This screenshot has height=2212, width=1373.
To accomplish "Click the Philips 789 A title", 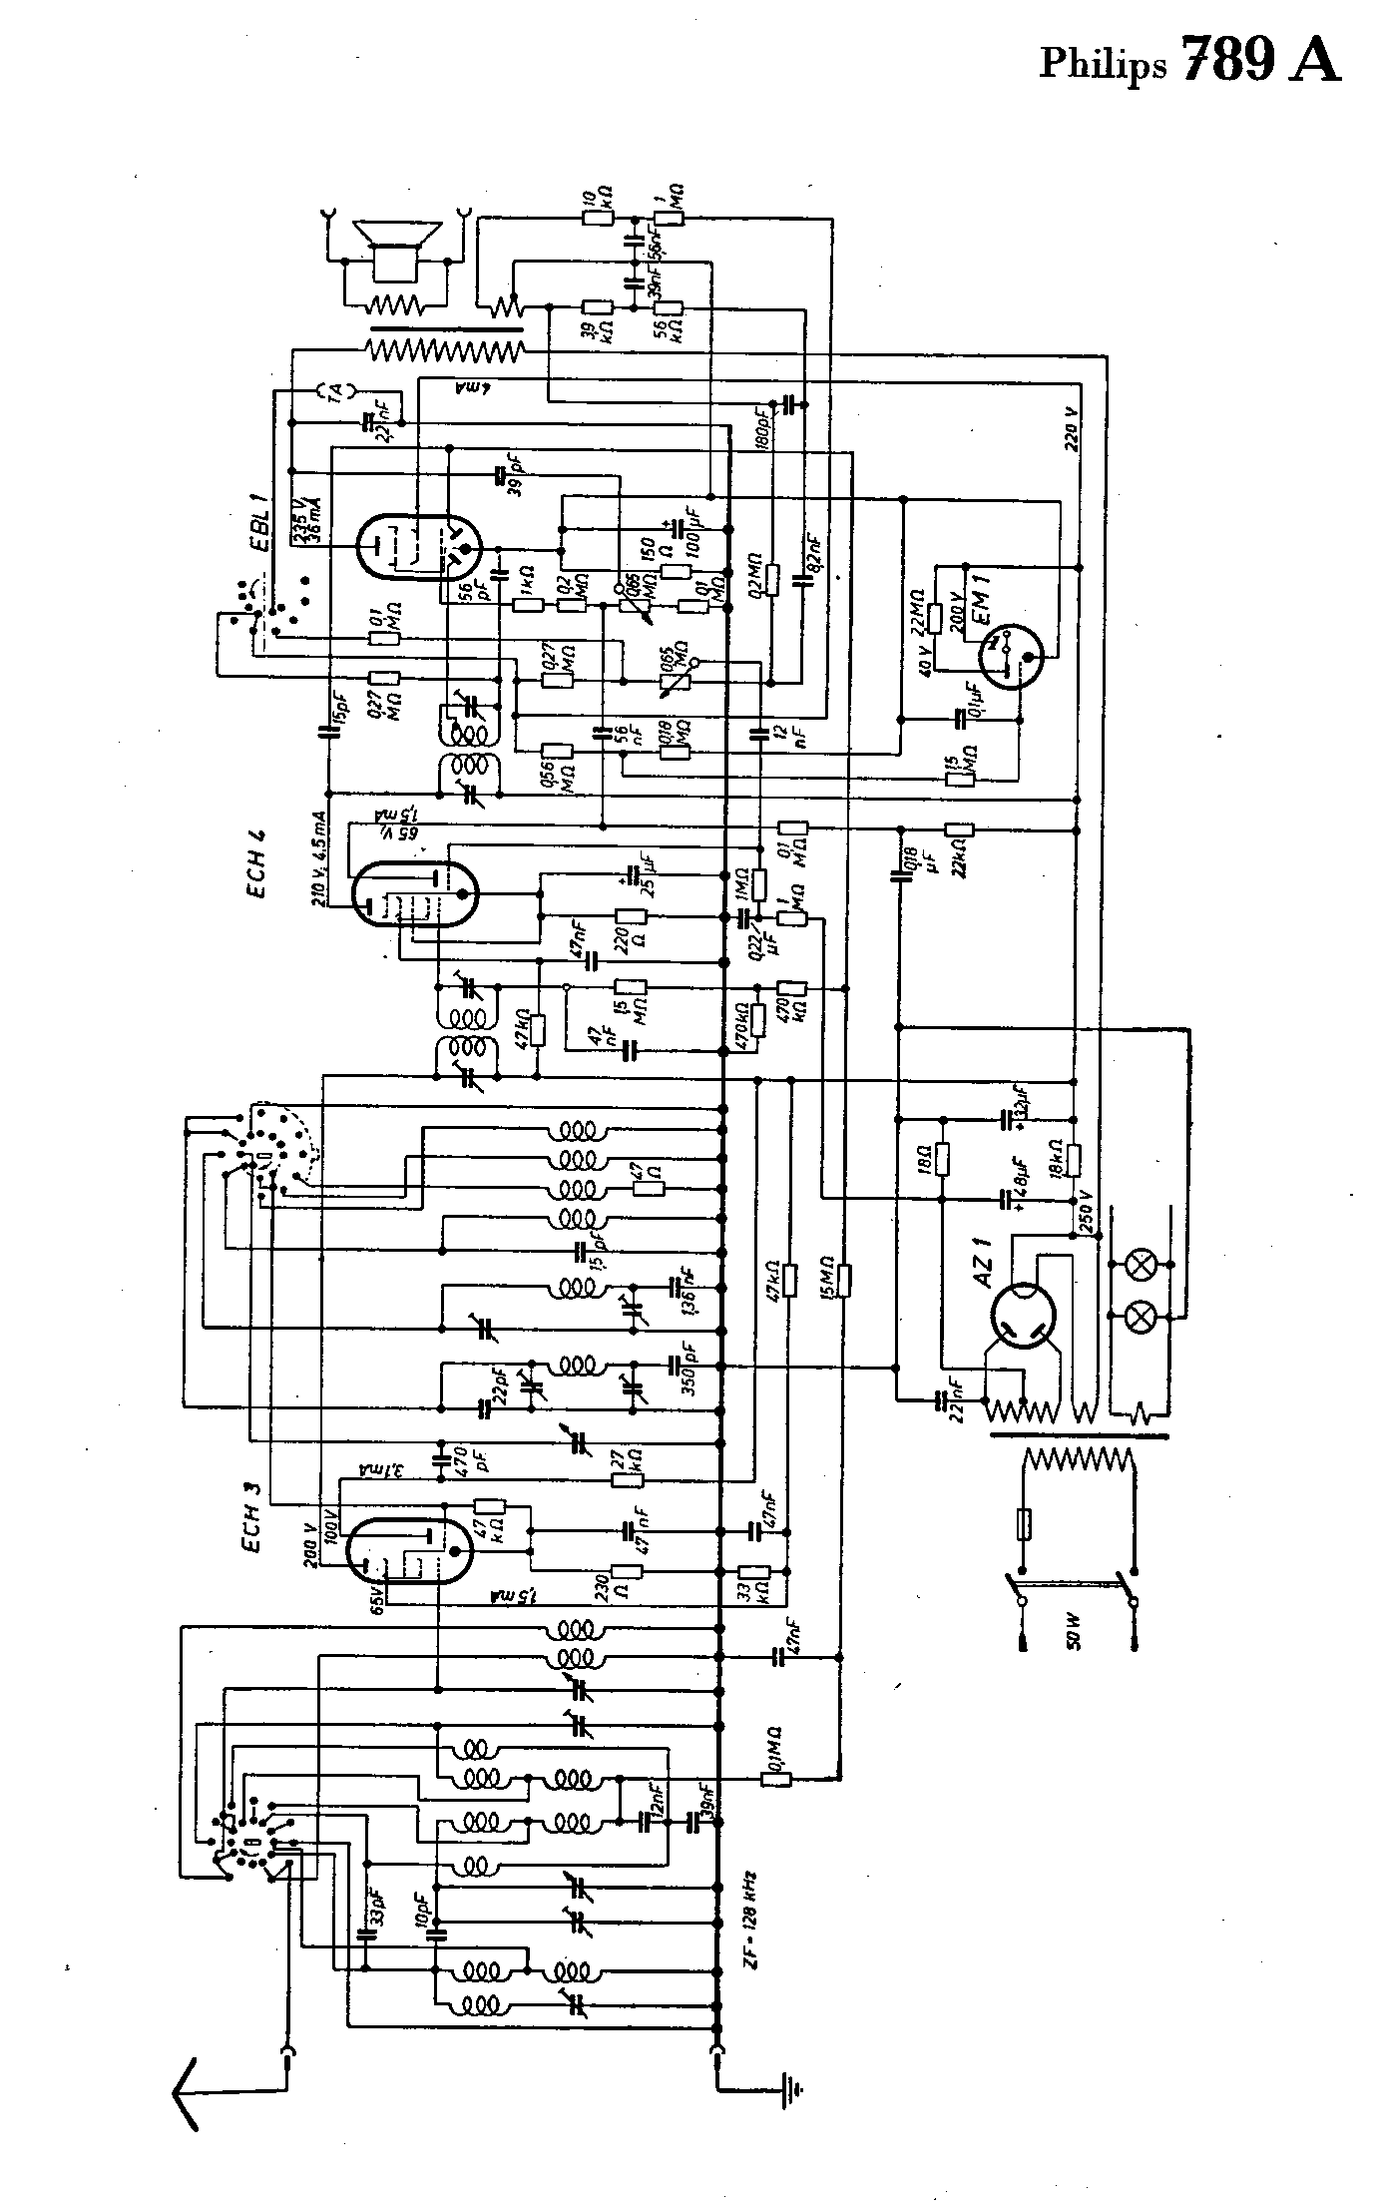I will [x=1189, y=61].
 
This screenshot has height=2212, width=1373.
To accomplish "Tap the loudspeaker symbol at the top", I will [x=397, y=250].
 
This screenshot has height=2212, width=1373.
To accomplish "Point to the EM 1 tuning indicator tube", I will [x=1005, y=661].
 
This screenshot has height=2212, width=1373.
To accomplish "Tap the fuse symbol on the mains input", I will [x=1023, y=1525].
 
